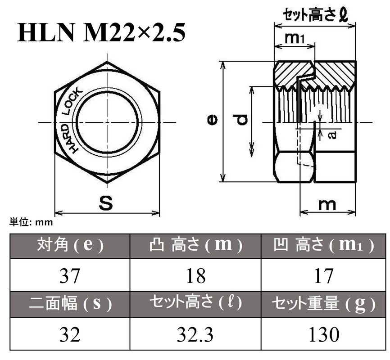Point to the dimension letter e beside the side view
212,119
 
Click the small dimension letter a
332,134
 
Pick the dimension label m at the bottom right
327,204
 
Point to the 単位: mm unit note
31,222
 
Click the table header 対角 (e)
70,246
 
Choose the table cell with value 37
70,275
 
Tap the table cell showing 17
323,275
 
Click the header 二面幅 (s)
70,304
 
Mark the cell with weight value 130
323,334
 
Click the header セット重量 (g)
323,304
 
